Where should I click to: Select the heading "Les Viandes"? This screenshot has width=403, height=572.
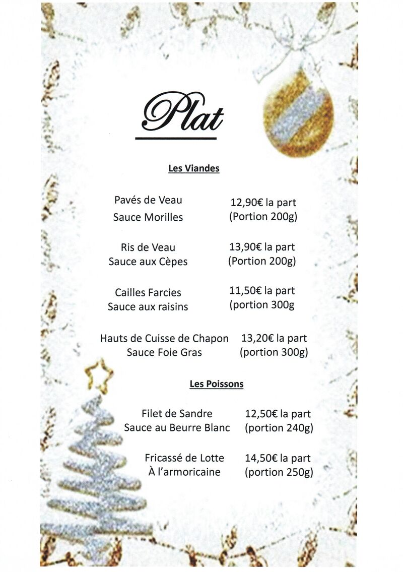tap(194, 168)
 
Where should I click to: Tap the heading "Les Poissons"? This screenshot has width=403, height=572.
tap(217, 384)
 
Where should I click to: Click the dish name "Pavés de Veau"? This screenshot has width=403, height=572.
tap(148, 200)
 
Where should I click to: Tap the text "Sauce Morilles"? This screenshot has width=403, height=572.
tap(148, 217)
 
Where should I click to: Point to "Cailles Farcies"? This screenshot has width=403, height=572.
tap(148, 293)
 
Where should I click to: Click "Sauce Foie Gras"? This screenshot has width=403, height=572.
tap(164, 352)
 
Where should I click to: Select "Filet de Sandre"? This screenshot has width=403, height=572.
tap(177, 414)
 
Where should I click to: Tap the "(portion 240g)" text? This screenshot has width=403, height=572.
tap(279, 428)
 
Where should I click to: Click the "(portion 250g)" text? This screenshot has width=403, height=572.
tap(279, 472)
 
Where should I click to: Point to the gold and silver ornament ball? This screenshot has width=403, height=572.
tap(298, 112)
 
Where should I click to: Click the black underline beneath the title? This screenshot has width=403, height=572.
tap(176, 138)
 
